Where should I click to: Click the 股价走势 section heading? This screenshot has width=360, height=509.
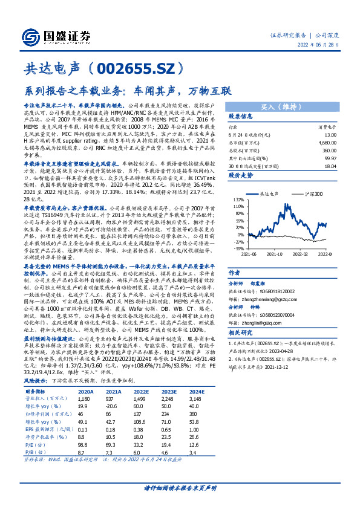(241, 175)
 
